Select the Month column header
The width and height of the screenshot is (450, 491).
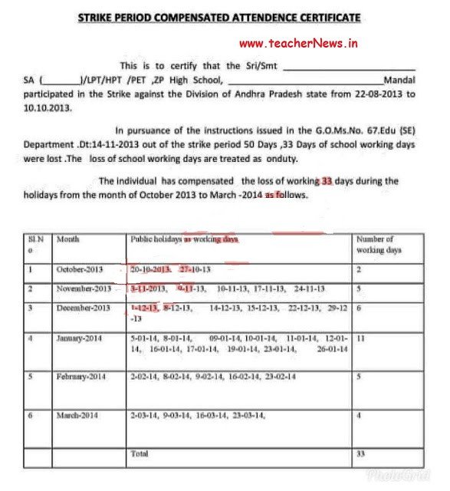point(67,239)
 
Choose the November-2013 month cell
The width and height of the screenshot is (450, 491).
point(84,289)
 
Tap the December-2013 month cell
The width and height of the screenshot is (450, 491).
point(84,308)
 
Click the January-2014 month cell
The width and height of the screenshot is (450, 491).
point(79,338)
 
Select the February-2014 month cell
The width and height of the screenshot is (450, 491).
point(80,377)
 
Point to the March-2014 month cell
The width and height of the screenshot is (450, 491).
point(77,415)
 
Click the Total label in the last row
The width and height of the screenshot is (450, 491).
point(140,453)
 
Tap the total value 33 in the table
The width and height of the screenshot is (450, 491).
point(361,453)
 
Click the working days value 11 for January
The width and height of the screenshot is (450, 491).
point(360,338)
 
